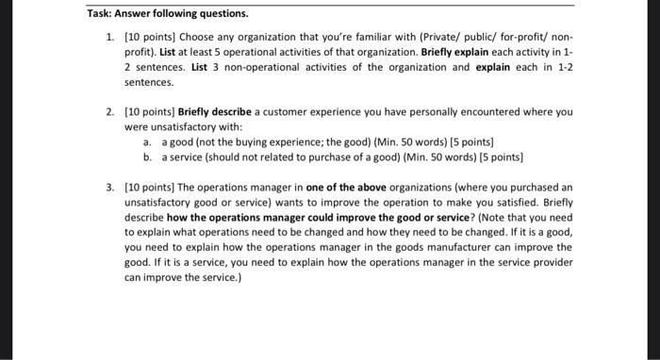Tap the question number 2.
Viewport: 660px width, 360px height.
pos(111,111)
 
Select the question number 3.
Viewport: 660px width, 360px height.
pos(111,187)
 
